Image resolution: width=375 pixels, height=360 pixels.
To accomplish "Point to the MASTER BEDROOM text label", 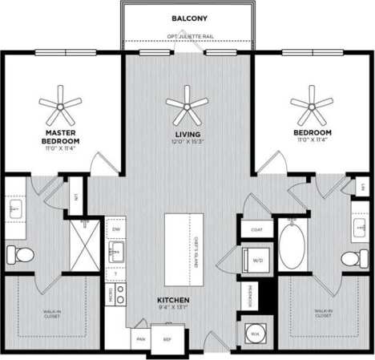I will tap(60, 136).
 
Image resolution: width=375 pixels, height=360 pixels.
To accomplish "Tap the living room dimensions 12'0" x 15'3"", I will tap(187, 141).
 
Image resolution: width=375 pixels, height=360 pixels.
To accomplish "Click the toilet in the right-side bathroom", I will tap(351, 259).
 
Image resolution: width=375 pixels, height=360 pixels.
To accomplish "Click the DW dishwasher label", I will tap(116, 229).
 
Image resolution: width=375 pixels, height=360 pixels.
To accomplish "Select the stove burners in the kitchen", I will tap(120, 295).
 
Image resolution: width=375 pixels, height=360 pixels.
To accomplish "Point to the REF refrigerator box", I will tap(168, 338).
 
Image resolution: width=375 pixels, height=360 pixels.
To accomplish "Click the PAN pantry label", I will tap(142, 338).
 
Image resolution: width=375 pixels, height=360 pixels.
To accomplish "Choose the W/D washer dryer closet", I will tap(257, 261).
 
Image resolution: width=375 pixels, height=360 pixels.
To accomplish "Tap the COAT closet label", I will tap(257, 229).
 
